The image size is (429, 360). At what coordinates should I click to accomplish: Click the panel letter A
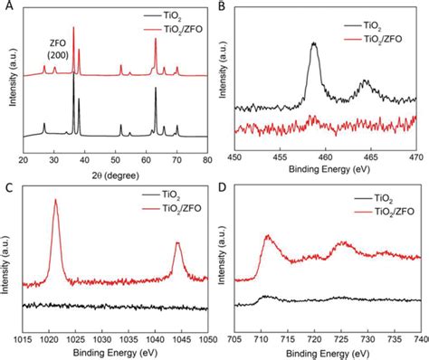coord(8,7)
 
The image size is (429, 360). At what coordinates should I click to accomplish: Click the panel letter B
coord(222,7)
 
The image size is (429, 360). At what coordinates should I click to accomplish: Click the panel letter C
coord(8,187)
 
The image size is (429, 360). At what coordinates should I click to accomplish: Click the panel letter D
coord(222,187)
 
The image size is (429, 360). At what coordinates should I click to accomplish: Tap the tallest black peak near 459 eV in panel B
coord(315,43)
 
